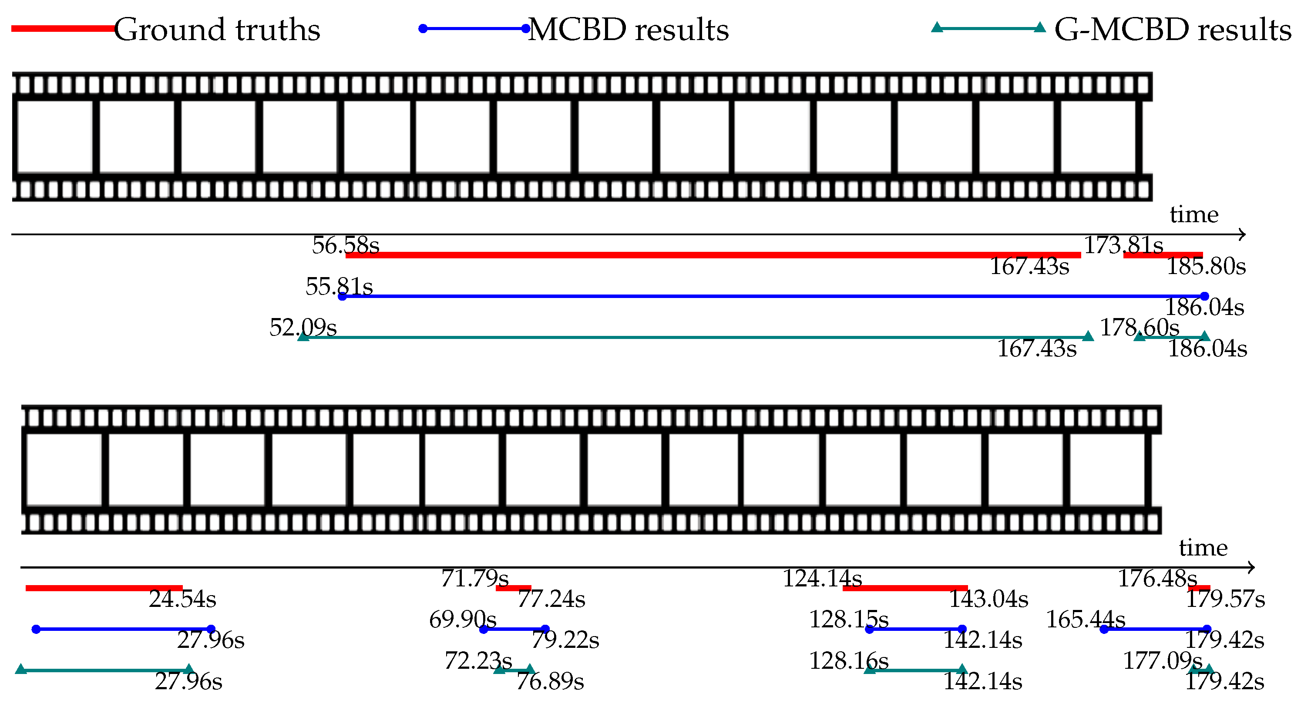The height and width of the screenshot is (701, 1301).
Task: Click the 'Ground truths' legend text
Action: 217,30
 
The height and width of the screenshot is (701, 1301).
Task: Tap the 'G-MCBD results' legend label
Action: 1172,30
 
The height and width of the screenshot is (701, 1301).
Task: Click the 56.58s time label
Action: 346,246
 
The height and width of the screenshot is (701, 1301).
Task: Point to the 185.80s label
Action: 1206,266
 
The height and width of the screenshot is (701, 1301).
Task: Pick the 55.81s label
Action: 339,287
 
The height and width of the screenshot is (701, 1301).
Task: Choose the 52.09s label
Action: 303,328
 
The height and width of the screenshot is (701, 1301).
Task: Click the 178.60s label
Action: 1140,328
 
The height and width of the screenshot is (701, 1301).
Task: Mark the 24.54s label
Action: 182,599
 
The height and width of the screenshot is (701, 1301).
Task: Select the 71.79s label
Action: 474,579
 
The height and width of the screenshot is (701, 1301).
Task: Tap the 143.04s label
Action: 988,599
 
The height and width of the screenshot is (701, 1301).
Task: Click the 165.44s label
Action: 1086,620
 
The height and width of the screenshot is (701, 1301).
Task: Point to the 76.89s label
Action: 550,681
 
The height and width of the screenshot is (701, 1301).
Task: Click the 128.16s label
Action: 848,661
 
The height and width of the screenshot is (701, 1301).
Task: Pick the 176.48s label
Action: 1157,579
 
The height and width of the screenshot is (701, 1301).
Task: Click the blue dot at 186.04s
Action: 1204,296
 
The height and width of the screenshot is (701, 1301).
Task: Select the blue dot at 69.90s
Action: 483,629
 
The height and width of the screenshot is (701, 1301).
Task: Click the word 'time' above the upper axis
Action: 1194,215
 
